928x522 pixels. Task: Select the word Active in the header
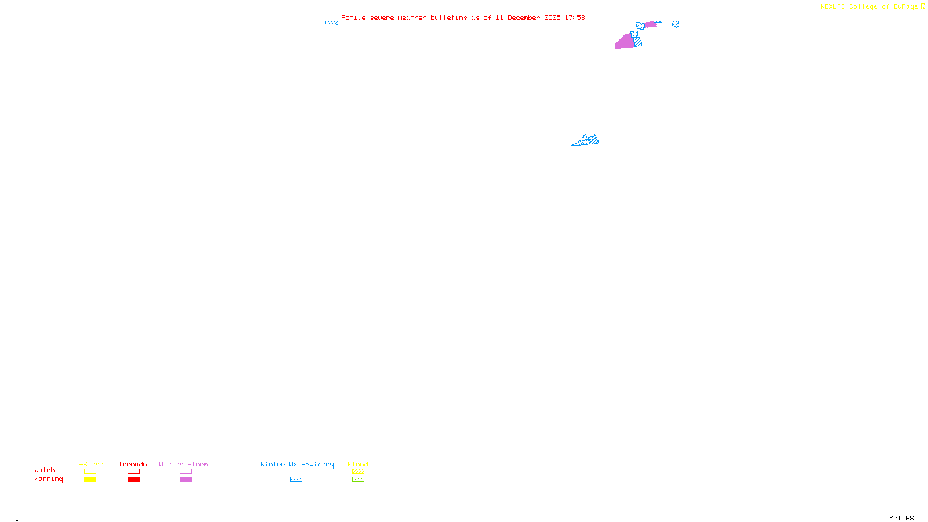pyautogui.click(x=353, y=17)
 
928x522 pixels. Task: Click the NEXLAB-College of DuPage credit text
pyautogui.click(x=869, y=6)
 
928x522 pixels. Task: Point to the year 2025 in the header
pyautogui.click(x=552, y=17)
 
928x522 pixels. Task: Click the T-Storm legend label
pyautogui.click(x=89, y=464)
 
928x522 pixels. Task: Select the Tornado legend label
pyautogui.click(x=133, y=464)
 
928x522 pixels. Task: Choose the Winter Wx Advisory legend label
pyautogui.click(x=297, y=464)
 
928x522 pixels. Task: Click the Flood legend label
pyautogui.click(x=358, y=464)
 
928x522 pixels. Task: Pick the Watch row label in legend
pyautogui.click(x=45, y=470)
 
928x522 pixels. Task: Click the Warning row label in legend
pyautogui.click(x=48, y=479)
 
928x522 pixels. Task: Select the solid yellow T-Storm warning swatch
pyautogui.click(x=90, y=480)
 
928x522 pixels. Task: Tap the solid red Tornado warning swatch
pyautogui.click(x=133, y=480)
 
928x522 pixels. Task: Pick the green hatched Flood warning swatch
pyautogui.click(x=358, y=480)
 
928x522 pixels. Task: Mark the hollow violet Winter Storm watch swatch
pyautogui.click(x=186, y=472)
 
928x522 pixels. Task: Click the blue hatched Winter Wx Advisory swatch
pyautogui.click(x=296, y=480)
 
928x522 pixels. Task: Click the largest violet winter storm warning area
pyautogui.click(x=624, y=42)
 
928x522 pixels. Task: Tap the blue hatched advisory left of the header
pyautogui.click(x=332, y=23)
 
